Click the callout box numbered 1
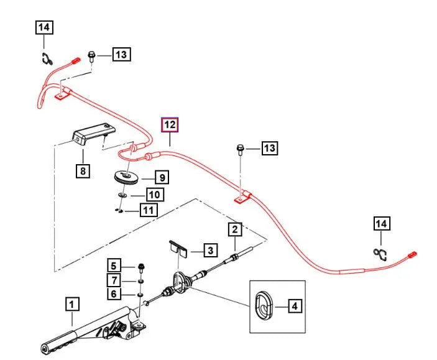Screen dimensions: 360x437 [x=73, y=305]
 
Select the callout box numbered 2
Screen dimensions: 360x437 [x=234, y=230]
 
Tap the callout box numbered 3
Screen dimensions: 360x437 [x=211, y=251]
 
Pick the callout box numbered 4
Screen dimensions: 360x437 [x=295, y=306]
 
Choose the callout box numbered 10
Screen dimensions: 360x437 [x=155, y=195]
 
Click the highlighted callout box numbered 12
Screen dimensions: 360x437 [x=170, y=125]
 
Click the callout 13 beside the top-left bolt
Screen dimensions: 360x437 [x=121, y=55]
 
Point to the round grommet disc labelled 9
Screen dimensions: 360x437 [x=129, y=178]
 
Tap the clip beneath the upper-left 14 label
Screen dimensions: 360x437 [x=46, y=59]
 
